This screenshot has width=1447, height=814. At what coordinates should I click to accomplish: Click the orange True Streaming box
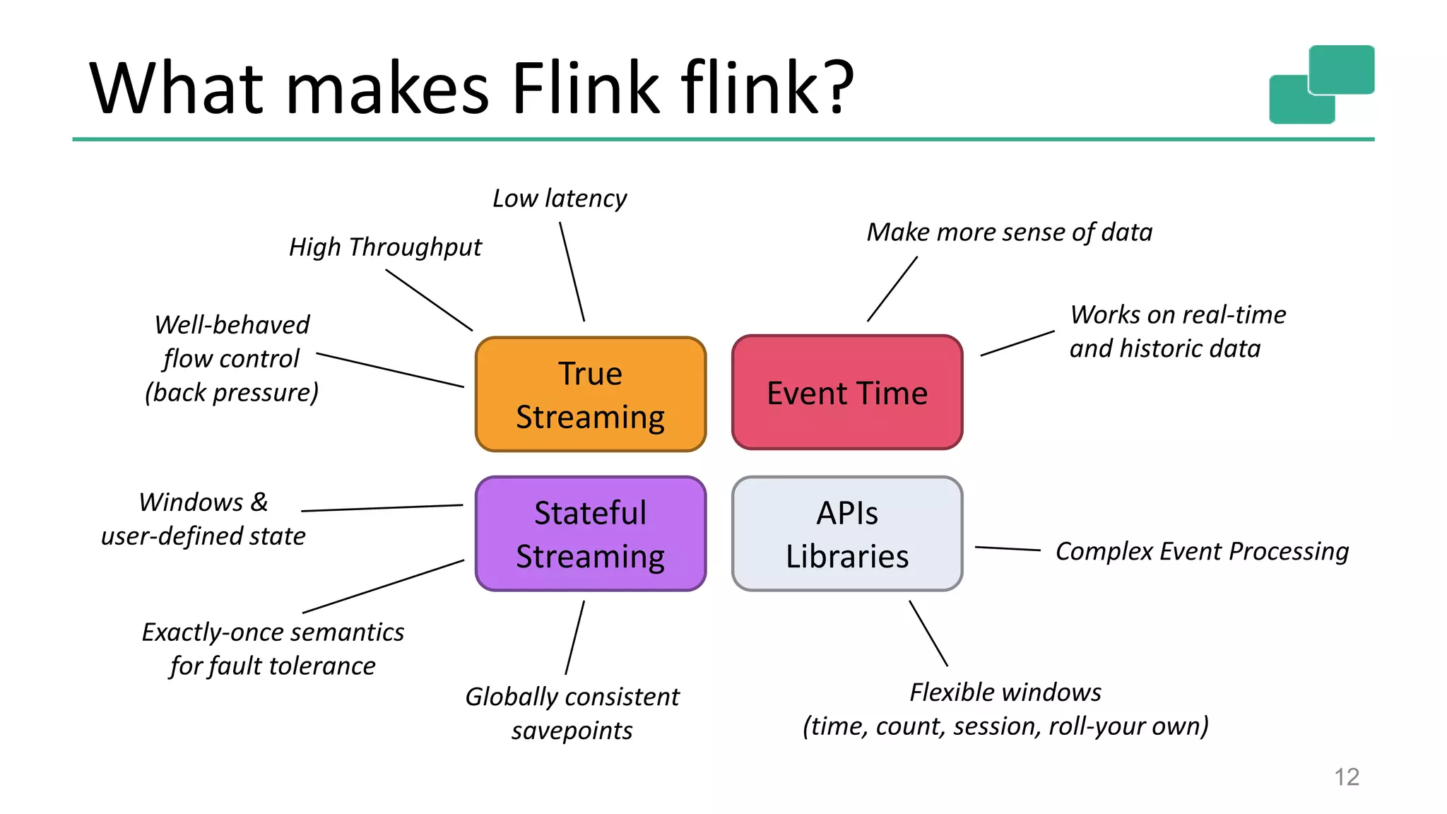click(590, 394)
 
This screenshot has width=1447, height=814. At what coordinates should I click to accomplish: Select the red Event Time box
click(847, 392)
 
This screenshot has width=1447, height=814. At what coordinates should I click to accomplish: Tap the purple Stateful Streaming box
click(590, 534)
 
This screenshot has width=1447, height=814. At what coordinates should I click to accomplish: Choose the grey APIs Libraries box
click(847, 534)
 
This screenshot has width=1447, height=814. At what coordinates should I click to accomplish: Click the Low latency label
click(559, 199)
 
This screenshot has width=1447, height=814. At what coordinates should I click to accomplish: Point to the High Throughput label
click(385, 247)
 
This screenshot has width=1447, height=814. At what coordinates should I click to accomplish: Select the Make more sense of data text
click(1009, 232)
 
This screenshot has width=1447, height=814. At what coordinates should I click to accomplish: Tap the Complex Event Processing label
click(1201, 551)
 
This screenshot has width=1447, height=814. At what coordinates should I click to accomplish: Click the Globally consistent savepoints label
click(572, 713)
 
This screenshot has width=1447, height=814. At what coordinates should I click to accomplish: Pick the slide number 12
click(1347, 777)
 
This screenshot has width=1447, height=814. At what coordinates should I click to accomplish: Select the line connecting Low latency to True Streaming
click(572, 272)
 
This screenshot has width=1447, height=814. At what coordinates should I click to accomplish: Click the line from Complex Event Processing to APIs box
click(1008, 548)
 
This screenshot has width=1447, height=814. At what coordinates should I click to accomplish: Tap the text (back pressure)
click(232, 393)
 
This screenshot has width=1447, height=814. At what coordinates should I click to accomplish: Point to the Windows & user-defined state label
click(203, 519)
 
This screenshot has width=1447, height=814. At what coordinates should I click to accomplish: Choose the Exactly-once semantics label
click(273, 632)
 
